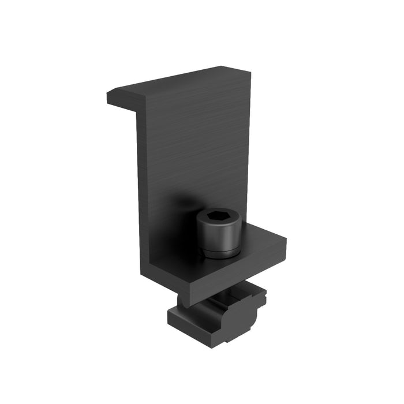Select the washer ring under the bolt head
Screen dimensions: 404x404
pyautogui.click(x=219, y=252)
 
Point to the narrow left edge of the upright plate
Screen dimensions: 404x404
pyautogui.click(x=141, y=190)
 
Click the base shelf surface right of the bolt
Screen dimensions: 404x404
pyautogui.click(x=263, y=237)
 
